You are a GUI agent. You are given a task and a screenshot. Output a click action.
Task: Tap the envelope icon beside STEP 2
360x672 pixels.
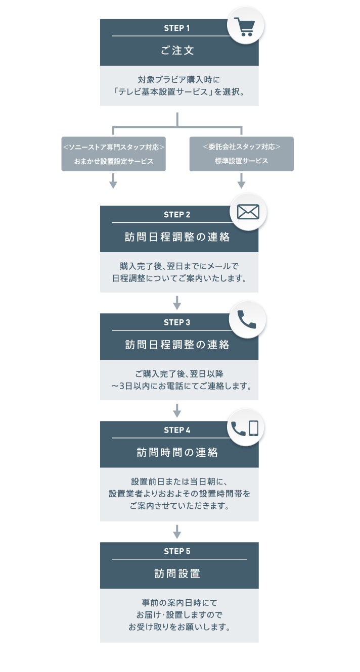(x=248, y=212)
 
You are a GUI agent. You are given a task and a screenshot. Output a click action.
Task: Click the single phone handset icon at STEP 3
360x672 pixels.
(x=247, y=319)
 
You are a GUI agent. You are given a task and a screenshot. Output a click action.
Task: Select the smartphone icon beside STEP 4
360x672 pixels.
(x=253, y=428)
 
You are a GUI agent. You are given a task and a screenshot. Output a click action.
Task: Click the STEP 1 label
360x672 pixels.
(x=177, y=28)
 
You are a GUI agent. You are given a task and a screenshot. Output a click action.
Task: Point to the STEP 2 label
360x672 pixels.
(x=177, y=215)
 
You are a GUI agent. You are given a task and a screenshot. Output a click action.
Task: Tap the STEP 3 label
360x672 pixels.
(x=177, y=322)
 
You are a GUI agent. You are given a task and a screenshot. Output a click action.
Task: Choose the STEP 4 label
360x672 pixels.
(x=177, y=430)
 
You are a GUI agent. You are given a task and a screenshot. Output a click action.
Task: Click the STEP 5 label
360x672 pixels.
(x=177, y=551)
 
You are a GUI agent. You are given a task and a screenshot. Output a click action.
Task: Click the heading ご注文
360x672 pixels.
(x=177, y=51)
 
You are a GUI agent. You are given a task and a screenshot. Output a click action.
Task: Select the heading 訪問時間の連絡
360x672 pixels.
(x=177, y=452)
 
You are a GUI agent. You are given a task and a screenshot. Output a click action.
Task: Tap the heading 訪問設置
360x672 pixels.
(x=177, y=573)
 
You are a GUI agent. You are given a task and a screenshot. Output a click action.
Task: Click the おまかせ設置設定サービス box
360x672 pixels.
(x=113, y=154)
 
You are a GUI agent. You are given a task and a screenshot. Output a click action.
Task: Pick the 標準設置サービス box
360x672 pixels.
(x=241, y=154)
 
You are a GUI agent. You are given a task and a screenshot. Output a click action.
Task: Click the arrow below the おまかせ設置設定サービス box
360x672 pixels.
(x=113, y=180)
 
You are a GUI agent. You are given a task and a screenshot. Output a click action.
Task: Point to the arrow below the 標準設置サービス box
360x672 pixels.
(x=241, y=180)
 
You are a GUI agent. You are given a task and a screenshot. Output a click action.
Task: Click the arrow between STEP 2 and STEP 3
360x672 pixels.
(x=177, y=303)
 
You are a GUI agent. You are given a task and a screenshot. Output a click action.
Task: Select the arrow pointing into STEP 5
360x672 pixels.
(x=177, y=532)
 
